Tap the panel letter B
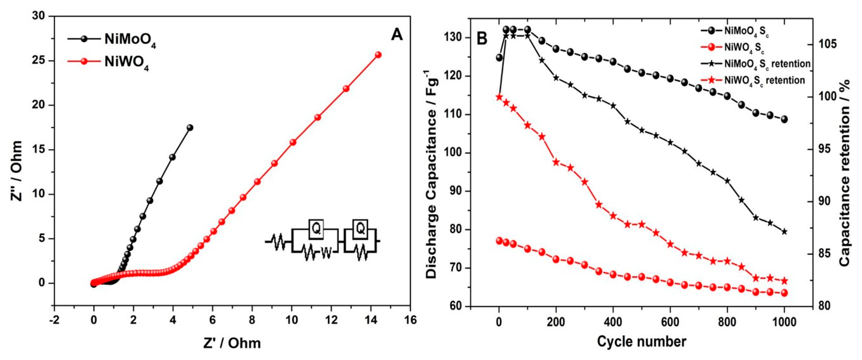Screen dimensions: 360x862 pyautogui.click(x=482, y=39)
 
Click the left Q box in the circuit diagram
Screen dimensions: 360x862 pyautogui.click(x=316, y=229)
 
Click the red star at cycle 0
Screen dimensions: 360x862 pyautogui.click(x=499, y=97)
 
